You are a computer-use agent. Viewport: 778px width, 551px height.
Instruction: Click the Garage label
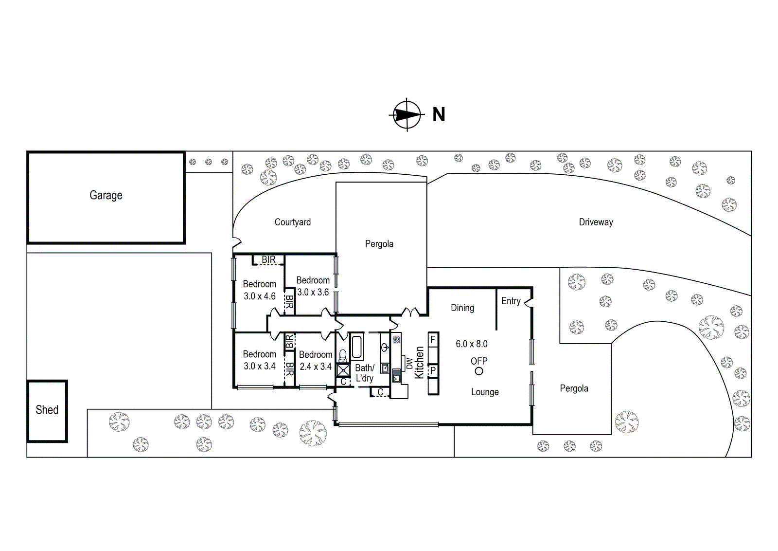[106, 195]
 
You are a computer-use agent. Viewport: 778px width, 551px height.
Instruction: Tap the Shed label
[47, 409]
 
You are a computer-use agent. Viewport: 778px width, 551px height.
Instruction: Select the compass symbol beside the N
[407, 114]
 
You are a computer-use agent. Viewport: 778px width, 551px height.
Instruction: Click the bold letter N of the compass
[439, 114]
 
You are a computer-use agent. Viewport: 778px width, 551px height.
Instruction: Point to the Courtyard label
[292, 222]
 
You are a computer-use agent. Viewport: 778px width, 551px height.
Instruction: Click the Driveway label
[596, 222]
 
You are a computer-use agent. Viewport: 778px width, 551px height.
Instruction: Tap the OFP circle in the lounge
[479, 371]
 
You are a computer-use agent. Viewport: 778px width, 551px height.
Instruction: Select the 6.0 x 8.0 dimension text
[472, 344]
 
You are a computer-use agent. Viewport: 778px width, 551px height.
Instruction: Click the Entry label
[511, 301]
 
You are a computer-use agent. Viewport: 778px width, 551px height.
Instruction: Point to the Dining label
[462, 308]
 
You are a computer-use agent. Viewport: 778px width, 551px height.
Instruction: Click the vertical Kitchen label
[419, 362]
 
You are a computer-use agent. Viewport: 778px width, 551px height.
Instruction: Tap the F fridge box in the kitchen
[433, 339]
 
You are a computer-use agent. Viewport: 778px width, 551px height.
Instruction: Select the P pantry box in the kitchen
[433, 370]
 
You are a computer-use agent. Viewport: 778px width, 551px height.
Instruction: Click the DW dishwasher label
[409, 363]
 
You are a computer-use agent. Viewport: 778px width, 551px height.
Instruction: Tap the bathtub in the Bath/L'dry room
[357, 347]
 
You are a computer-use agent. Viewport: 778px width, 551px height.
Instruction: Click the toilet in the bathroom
[343, 355]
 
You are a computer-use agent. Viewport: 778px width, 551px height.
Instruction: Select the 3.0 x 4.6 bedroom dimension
[260, 296]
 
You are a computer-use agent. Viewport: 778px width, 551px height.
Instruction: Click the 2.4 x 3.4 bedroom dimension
[316, 367]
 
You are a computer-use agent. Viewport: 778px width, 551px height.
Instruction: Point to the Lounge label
[485, 392]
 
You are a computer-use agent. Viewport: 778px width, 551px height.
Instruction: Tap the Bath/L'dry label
[365, 373]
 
